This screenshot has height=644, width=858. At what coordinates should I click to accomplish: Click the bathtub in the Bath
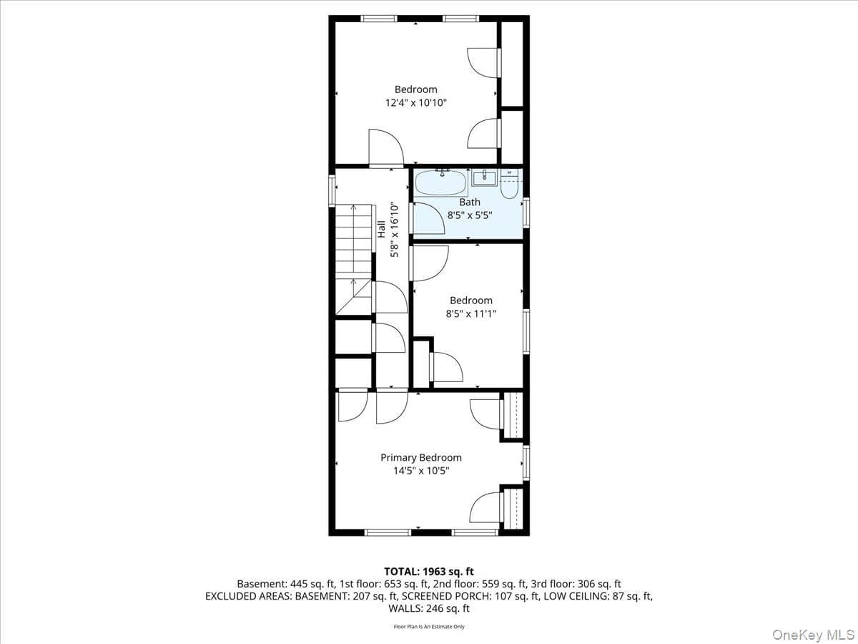click(x=440, y=183)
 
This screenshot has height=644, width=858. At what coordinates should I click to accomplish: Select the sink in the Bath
click(x=484, y=178)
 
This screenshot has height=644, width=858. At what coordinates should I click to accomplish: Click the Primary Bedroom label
click(x=421, y=457)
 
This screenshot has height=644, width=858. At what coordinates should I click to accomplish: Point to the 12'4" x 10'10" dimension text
click(x=416, y=103)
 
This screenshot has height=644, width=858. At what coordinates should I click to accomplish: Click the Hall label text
click(x=381, y=229)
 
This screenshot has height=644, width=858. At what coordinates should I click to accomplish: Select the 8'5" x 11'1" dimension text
click(x=471, y=313)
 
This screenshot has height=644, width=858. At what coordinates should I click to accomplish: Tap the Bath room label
click(x=470, y=203)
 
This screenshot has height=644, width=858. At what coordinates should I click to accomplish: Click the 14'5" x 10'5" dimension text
click(x=421, y=471)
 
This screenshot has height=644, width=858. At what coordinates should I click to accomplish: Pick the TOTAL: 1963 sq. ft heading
click(x=429, y=572)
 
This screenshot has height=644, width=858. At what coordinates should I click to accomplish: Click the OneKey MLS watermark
click(x=814, y=634)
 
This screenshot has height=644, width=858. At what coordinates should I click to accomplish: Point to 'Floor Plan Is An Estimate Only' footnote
click(x=429, y=627)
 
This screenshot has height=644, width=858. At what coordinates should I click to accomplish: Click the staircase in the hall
click(x=353, y=259)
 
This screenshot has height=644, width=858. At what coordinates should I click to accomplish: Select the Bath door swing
click(x=429, y=218)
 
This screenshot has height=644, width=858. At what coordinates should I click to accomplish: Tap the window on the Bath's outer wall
click(x=526, y=213)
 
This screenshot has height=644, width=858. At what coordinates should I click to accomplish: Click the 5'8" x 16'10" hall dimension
click(x=395, y=230)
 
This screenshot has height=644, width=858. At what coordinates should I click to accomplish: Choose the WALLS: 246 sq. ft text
click(x=429, y=608)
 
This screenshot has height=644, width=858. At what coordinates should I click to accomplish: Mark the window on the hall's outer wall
click(x=332, y=190)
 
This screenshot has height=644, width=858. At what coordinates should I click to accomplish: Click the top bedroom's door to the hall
click(x=386, y=148)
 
